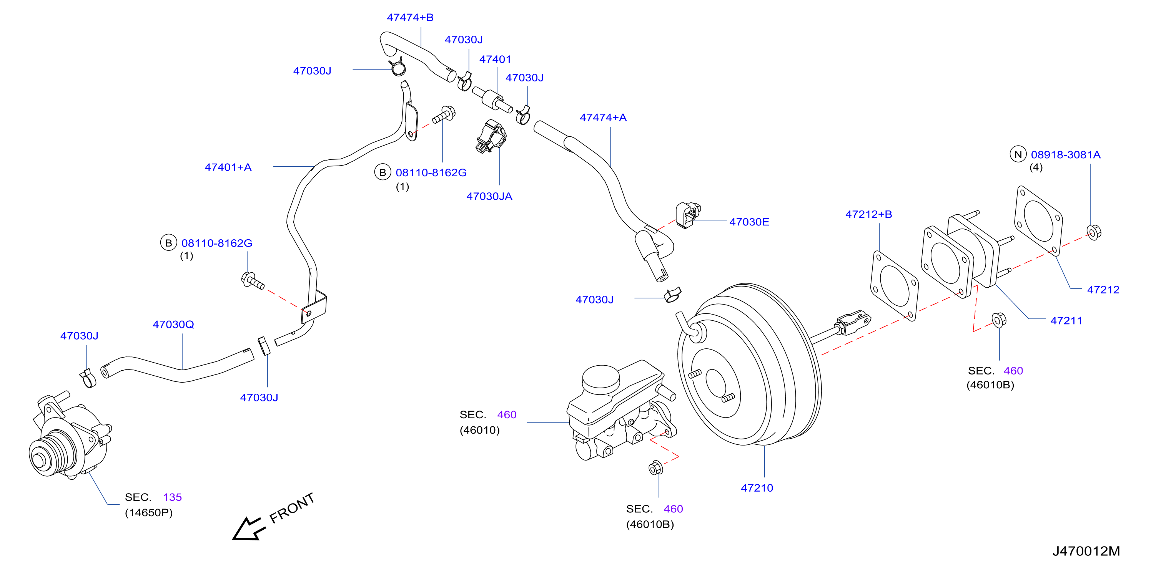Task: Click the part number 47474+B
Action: pos(410,18)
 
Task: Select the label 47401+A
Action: pos(228,167)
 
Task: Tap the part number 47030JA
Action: pos(489,196)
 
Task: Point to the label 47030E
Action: pos(749,222)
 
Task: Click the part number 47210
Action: pos(757,488)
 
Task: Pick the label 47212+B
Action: pos(868,214)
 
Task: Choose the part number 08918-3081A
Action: pos(1066,155)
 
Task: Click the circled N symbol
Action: pos(1018,155)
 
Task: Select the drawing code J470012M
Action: pos(1086,551)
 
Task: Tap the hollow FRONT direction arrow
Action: pos(248,529)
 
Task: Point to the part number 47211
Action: pos(1066,321)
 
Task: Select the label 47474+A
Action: pos(603,118)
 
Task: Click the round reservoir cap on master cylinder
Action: pos(600,378)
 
